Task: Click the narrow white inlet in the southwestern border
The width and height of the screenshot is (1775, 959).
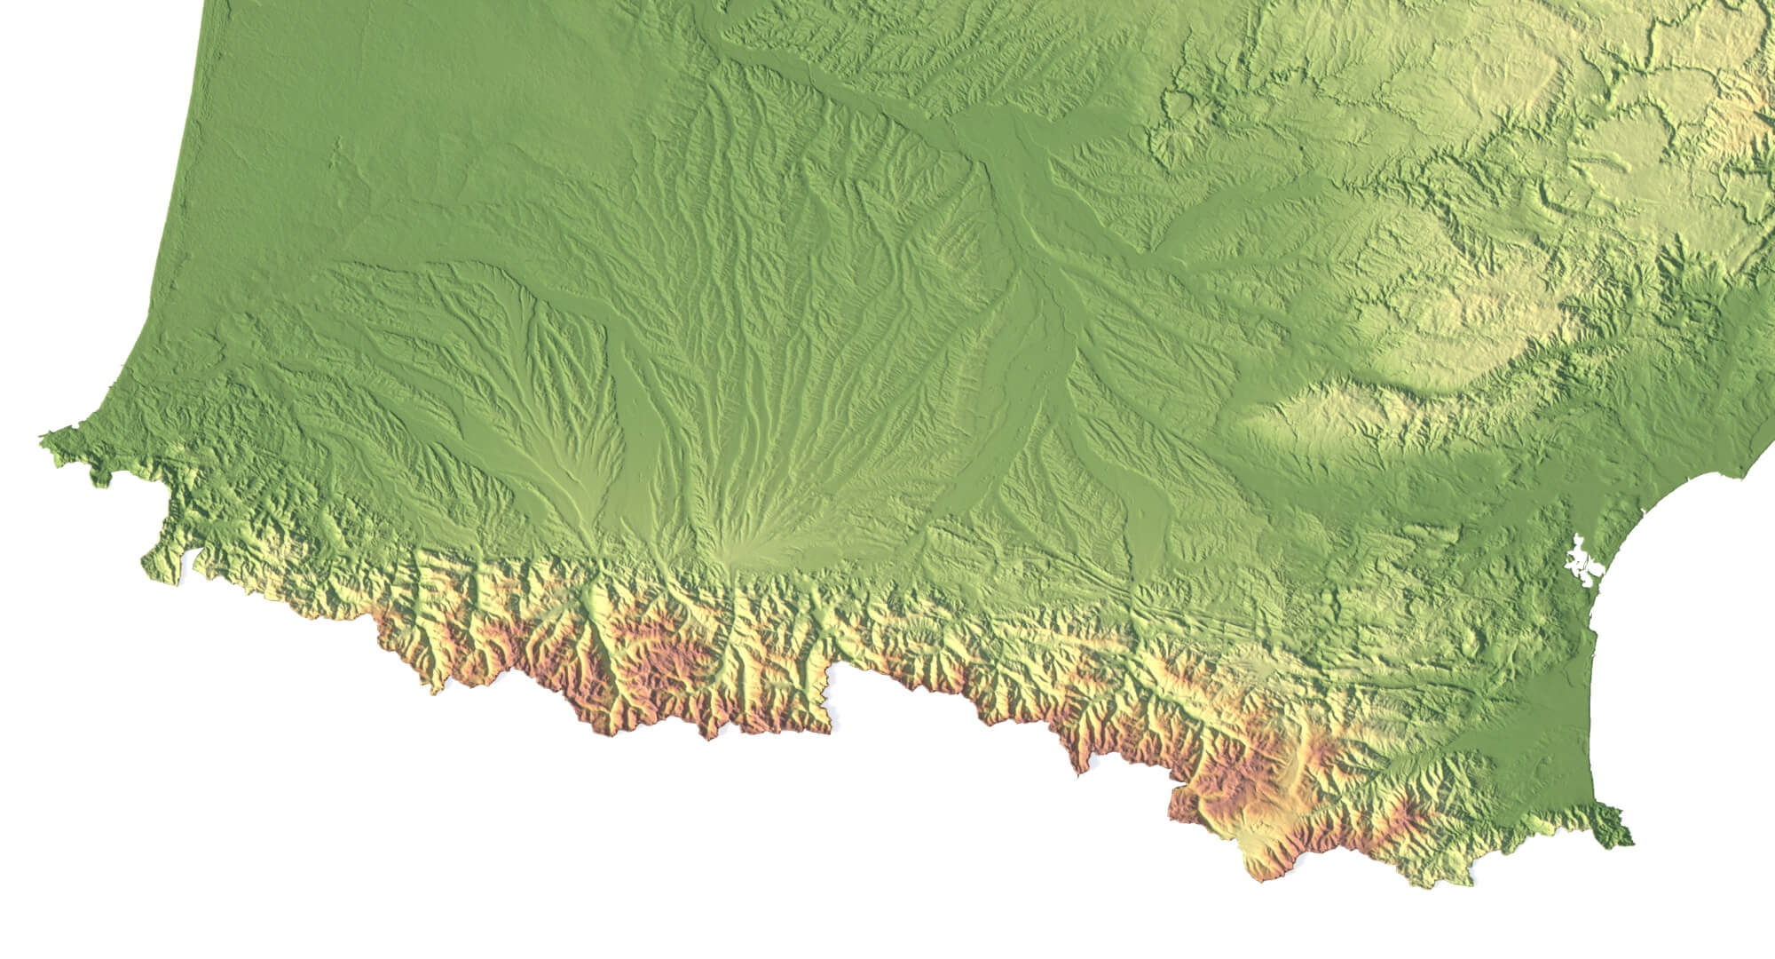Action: (186, 559)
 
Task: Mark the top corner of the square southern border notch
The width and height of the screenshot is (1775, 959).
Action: (830, 664)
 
